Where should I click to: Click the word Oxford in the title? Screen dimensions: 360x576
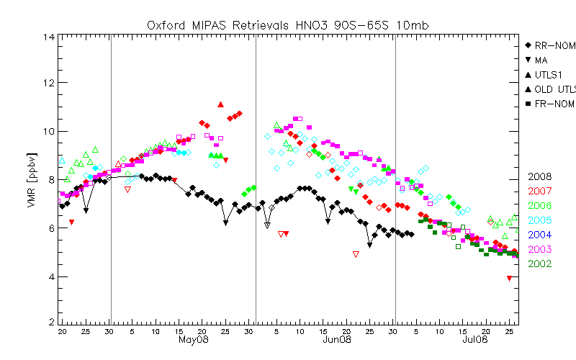click(166, 25)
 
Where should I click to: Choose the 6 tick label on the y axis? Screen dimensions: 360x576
click(50, 227)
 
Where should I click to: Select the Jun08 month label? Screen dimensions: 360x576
click(336, 340)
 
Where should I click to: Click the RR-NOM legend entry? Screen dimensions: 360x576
click(554, 45)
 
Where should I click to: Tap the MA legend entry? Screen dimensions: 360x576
click(541, 60)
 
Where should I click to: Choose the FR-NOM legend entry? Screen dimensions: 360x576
click(554, 104)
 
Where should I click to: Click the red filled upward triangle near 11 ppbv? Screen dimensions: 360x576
click(220, 104)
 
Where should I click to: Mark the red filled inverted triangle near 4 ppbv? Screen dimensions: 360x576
click(510, 278)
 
